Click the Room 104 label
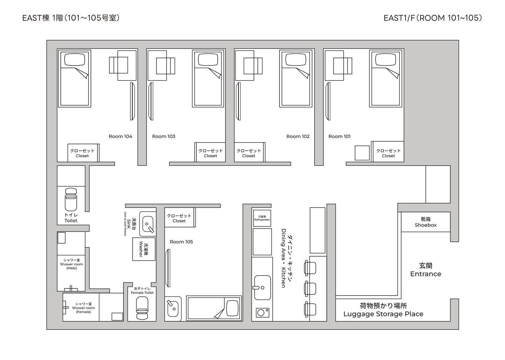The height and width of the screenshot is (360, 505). point(120,136)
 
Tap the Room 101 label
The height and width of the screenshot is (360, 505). point(339,136)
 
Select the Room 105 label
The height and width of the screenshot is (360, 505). point(181,242)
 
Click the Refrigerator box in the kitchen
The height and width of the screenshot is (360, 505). point(262,218)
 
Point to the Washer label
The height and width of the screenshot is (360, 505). point(141,249)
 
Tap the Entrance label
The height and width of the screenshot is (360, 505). point(426,274)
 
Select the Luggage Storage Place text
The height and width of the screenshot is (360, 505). point(383,314)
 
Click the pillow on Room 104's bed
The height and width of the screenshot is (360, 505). point(75,60)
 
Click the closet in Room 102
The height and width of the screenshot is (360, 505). point(249,152)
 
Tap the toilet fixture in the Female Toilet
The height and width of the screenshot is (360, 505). point(142,308)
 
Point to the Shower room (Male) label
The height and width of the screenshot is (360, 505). point(72,264)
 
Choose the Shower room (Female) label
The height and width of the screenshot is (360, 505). point(83,308)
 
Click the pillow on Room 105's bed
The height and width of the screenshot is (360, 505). point(232,308)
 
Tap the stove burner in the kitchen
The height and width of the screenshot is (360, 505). point(261,313)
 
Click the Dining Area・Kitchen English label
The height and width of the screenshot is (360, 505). point(283,258)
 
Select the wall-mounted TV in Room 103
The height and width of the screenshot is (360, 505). point(151,101)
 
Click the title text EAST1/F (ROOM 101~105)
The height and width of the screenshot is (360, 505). point(433,18)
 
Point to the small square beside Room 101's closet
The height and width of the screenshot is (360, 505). point(362,153)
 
